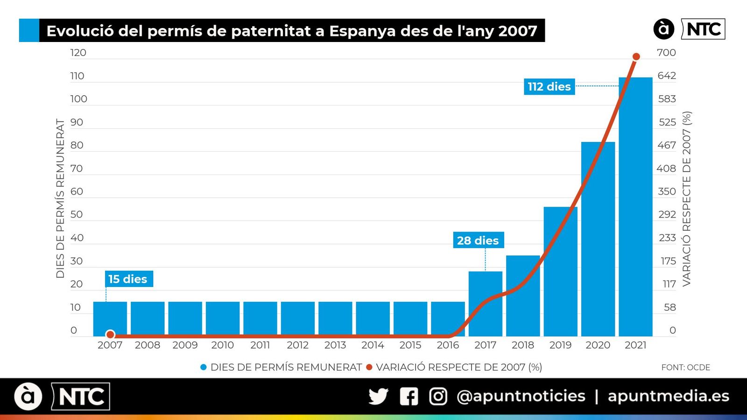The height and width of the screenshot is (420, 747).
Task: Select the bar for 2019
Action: tap(560, 271)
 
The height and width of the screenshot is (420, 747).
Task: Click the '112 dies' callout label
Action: tap(549, 87)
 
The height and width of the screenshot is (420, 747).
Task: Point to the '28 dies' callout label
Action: tap(478, 240)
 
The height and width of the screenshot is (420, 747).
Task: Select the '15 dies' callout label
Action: tap(128, 279)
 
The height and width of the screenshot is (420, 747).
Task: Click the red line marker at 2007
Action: tap(110, 334)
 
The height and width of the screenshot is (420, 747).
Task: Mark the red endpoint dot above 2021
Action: tap(636, 56)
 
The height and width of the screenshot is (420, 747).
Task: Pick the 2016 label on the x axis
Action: tap(448, 345)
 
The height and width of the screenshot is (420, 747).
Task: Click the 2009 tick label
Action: tap(185, 345)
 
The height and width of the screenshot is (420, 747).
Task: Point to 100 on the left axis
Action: tap(78, 99)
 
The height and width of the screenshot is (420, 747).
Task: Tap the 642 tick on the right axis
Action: tap(667, 76)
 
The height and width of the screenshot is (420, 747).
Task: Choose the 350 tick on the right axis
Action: tap(667, 191)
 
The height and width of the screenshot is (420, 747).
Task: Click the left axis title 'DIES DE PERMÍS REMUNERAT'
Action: tap(60, 198)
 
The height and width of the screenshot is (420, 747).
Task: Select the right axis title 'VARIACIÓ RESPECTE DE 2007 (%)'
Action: tap(686, 198)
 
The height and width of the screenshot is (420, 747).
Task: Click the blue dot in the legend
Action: tap(203, 367)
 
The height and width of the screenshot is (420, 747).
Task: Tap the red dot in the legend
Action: tap(369, 367)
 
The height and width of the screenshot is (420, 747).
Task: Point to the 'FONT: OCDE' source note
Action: tap(685, 368)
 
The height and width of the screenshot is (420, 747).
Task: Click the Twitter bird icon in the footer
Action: tap(378, 397)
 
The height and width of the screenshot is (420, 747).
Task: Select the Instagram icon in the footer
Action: tap(438, 397)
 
